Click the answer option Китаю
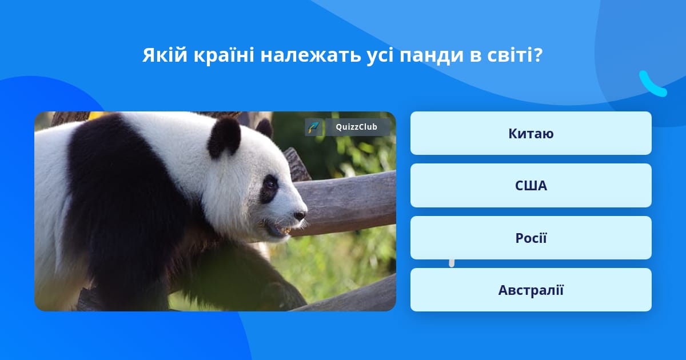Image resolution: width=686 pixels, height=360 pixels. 531,133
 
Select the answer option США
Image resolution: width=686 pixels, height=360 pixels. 531,186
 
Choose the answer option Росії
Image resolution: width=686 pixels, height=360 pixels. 531,238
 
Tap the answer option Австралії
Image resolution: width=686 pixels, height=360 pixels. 531,290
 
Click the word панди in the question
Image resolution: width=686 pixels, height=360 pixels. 432,56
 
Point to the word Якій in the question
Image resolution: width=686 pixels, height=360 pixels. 165,55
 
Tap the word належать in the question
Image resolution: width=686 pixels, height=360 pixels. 310,55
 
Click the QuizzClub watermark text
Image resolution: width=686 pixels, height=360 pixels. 356,127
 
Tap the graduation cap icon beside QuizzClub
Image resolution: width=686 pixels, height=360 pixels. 313,127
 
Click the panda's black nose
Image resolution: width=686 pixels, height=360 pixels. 300,215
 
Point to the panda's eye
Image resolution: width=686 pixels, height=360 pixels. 270,185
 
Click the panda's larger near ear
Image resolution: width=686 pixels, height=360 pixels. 224,138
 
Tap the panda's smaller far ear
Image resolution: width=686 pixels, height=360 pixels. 264,128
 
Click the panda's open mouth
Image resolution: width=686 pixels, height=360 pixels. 280,230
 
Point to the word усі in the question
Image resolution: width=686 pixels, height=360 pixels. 380,56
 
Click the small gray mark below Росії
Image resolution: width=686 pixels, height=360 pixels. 452,263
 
